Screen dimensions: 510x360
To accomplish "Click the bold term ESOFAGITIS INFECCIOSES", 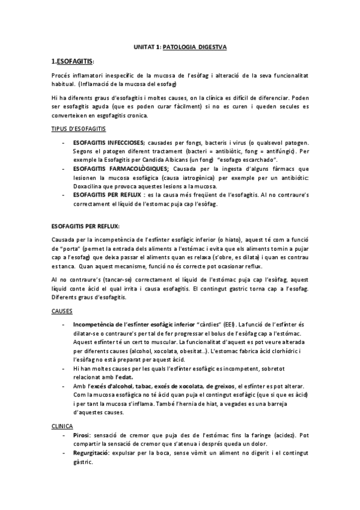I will [x=108, y=144].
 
